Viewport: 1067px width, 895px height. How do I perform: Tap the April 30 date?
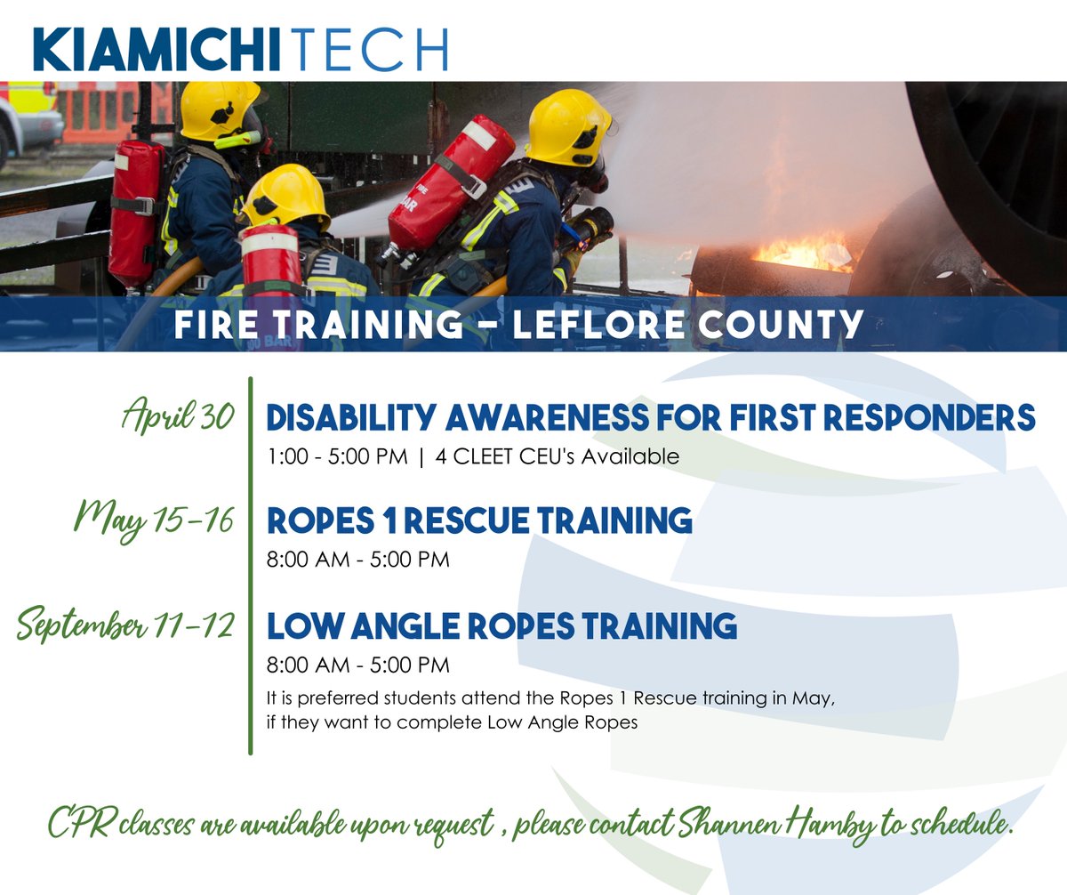point(178,416)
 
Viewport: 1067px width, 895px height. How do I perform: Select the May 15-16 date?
point(154,519)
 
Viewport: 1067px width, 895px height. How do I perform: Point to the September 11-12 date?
point(125,625)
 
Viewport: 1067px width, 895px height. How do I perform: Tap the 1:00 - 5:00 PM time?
point(337,457)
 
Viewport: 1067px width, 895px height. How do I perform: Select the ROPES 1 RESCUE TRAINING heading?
point(479,520)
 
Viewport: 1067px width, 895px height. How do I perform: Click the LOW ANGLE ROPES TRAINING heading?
point(501,625)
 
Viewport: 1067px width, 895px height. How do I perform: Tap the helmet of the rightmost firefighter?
point(566,126)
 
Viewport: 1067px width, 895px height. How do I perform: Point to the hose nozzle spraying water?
point(590,226)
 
